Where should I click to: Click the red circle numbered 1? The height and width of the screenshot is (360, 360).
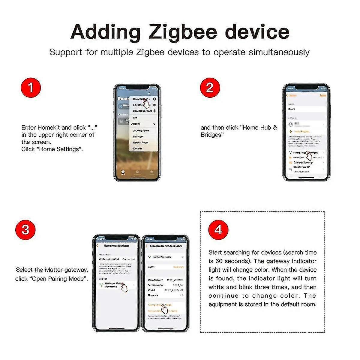[x=30, y=88]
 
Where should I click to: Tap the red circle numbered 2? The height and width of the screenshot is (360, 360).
[x=210, y=87]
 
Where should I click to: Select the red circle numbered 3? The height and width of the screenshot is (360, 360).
[x=25, y=230]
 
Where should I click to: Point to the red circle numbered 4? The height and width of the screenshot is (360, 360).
[x=218, y=230]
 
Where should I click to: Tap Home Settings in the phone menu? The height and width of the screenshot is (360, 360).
[x=141, y=99]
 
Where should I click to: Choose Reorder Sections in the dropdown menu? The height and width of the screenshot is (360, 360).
[x=142, y=111]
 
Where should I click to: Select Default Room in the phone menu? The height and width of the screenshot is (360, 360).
[x=140, y=142]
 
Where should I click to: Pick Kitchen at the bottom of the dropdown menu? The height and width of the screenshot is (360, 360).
[x=137, y=148]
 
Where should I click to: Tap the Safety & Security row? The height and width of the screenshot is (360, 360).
[x=303, y=162]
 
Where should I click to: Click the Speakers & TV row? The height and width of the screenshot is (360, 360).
[x=301, y=167]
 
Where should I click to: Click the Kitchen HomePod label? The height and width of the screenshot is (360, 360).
[x=109, y=259]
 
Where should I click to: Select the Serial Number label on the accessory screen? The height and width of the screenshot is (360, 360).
[x=155, y=285]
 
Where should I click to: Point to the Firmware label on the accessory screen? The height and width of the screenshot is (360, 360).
[x=153, y=295]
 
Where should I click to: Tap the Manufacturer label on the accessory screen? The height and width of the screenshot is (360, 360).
[x=155, y=280]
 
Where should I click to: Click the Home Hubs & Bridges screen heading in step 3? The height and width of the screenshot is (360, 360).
[x=116, y=246]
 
